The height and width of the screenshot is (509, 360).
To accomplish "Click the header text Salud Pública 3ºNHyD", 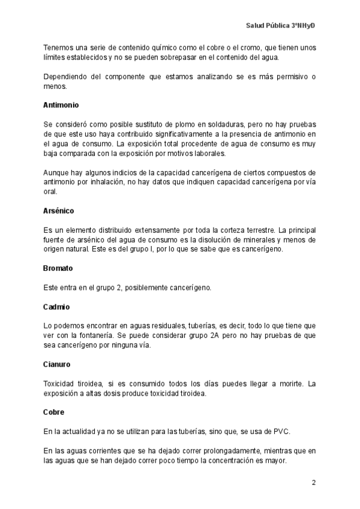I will (x=281, y=26).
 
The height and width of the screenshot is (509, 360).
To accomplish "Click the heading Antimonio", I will (x=61, y=104).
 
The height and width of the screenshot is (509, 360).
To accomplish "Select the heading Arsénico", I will (x=59, y=211).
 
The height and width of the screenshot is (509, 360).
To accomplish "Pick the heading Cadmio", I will (x=56, y=307).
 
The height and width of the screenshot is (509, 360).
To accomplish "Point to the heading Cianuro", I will (x=58, y=364).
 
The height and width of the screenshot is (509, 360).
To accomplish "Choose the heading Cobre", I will (x=54, y=412).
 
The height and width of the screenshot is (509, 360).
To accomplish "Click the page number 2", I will (x=313, y=483).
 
